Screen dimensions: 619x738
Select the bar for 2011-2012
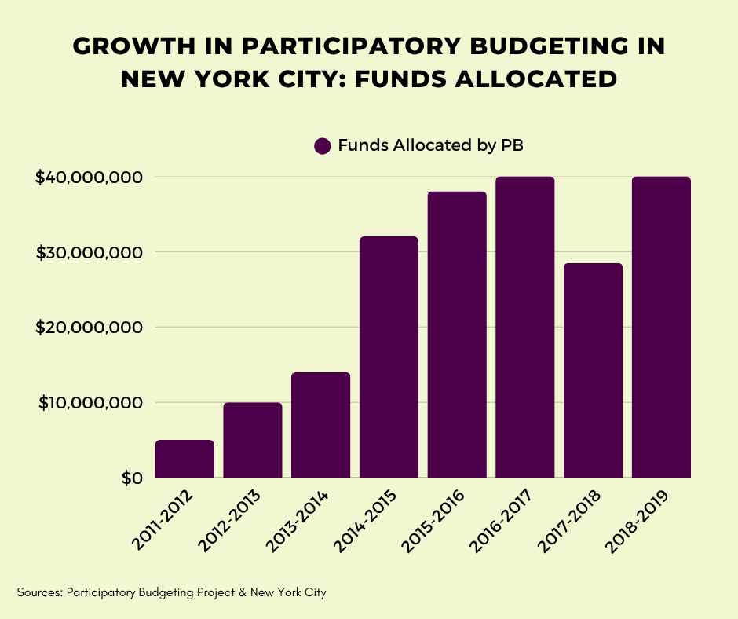click(x=184, y=459)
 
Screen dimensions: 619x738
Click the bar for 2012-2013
click(x=253, y=440)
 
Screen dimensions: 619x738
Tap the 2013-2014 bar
click(x=320, y=425)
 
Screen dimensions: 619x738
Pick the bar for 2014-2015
click(x=389, y=357)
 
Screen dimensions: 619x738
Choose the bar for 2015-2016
click(x=457, y=335)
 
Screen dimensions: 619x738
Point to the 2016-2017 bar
click(x=524, y=327)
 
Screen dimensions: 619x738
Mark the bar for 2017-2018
click(x=593, y=370)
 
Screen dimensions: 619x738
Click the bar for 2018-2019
click(x=661, y=327)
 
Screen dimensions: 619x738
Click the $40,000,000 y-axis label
click(x=88, y=178)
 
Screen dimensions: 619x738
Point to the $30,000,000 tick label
click(x=88, y=252)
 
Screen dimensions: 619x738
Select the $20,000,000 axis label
click(x=88, y=328)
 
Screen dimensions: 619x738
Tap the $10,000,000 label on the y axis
click(x=88, y=403)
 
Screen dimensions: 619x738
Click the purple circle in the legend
click(x=323, y=146)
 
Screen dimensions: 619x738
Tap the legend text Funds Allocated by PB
click(x=430, y=146)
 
